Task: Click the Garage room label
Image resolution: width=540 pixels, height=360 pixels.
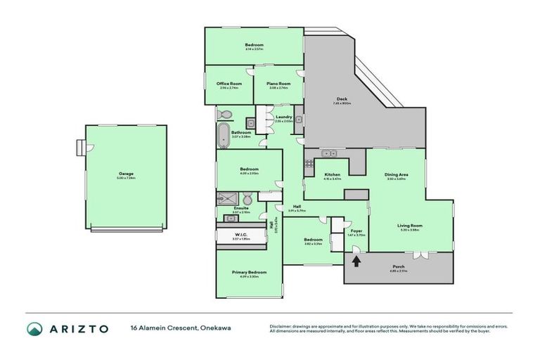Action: (x=127, y=174)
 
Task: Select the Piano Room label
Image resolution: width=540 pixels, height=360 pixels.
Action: (x=278, y=83)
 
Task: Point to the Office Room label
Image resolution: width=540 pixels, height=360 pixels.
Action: (x=229, y=83)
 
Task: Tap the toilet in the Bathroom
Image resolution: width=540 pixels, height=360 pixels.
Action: (x=225, y=115)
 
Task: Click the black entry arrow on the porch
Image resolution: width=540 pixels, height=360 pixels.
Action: (x=356, y=262)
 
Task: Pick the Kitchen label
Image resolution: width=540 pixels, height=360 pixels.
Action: (x=332, y=174)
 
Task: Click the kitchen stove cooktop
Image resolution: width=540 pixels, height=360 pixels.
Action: (x=308, y=166)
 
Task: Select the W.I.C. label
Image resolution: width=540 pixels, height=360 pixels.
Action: (x=240, y=235)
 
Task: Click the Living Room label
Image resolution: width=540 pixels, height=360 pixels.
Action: (x=409, y=225)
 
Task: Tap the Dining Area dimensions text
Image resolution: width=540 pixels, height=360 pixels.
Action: (x=397, y=179)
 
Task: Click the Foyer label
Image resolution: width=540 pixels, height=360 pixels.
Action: (x=356, y=231)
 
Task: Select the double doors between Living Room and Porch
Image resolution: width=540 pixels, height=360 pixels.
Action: (x=420, y=253)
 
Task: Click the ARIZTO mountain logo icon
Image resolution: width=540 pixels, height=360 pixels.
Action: (x=35, y=329)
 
